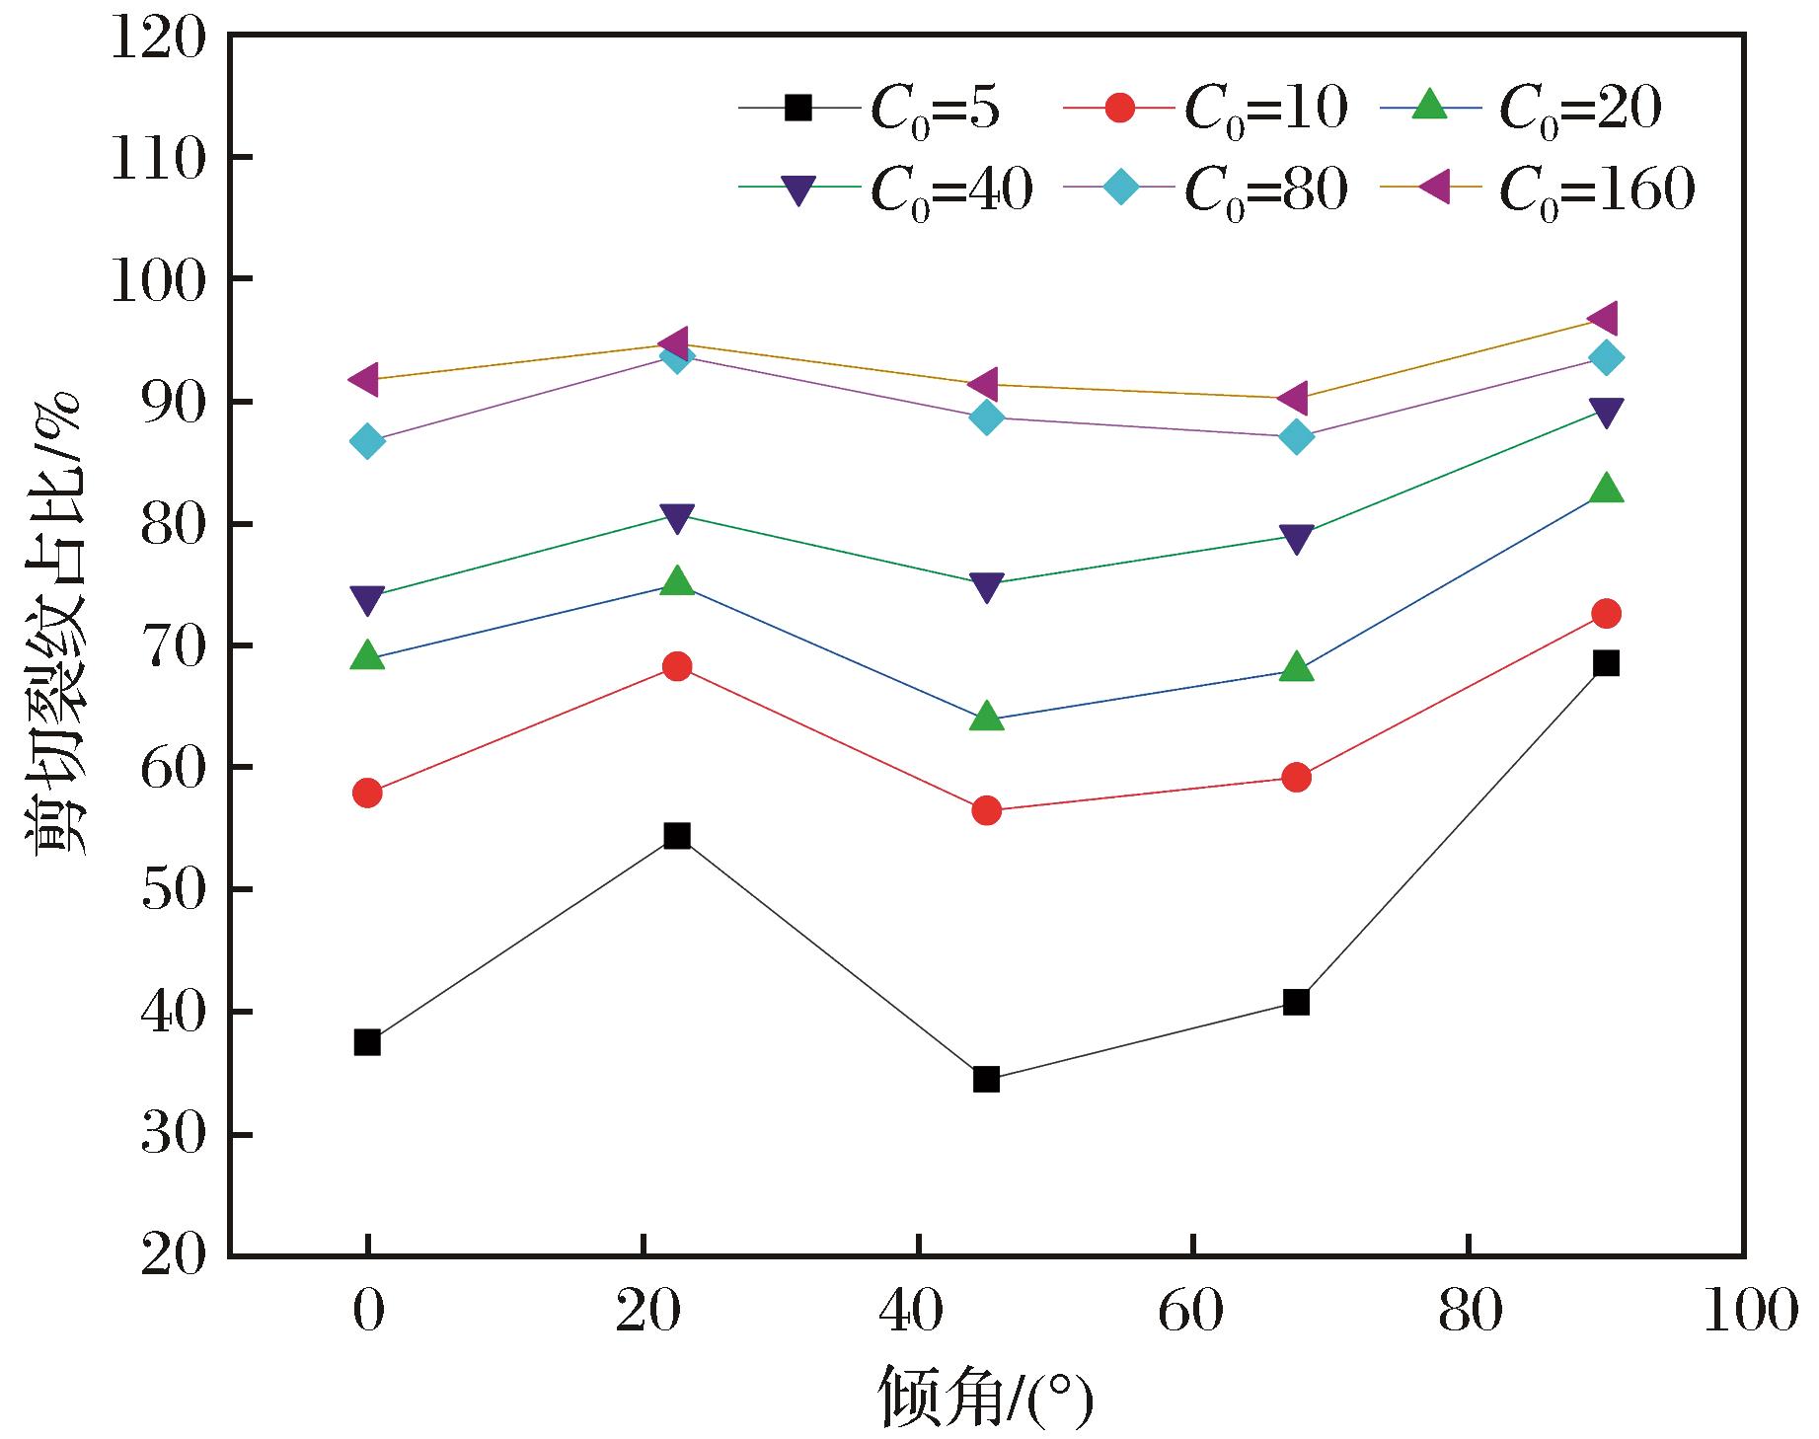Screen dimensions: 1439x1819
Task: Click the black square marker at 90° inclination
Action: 1606,663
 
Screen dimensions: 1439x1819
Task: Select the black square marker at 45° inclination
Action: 986,1079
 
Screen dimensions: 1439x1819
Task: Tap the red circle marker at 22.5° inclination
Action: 677,666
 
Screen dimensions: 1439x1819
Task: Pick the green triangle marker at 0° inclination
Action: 367,655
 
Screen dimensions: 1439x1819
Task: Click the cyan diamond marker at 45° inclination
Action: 986,417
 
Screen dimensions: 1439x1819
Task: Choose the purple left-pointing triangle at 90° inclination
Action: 1603,319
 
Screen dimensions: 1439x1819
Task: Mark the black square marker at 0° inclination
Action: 367,1042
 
